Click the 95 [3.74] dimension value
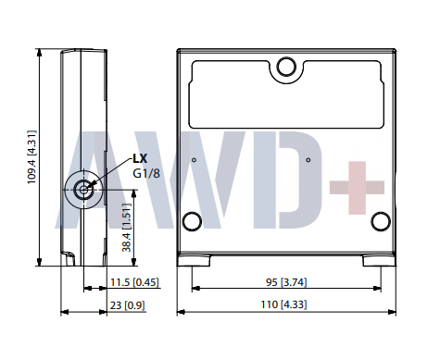click(x=286, y=283)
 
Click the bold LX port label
click(x=140, y=158)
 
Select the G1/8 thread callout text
click(x=145, y=173)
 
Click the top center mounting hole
click(x=286, y=66)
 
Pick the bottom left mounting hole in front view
click(x=193, y=220)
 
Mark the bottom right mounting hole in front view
click(x=380, y=220)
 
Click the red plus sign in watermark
click(x=356, y=186)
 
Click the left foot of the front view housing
click(x=194, y=259)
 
